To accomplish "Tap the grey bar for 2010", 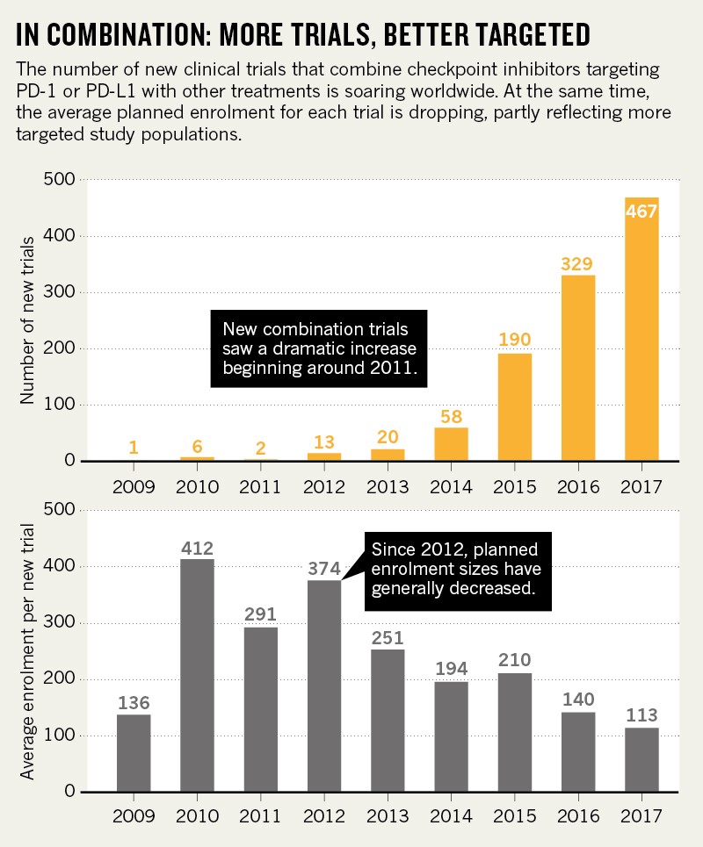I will click(198, 675).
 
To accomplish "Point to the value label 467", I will click(641, 212).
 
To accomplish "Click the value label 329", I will click(578, 263).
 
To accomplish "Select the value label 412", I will click(198, 549).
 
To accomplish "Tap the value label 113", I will click(641, 716).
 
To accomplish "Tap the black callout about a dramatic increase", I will click(318, 348).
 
